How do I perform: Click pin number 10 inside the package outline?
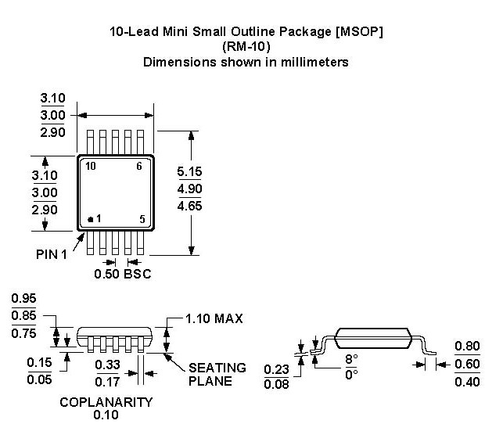[x=91, y=166]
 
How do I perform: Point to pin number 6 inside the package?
[x=139, y=166]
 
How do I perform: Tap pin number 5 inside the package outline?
[x=142, y=220]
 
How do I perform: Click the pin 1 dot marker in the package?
[x=90, y=220]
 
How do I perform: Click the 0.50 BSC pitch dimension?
[x=122, y=274]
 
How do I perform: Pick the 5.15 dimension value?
[x=191, y=169]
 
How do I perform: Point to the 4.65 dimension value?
[x=191, y=207]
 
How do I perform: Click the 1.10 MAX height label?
[x=214, y=318]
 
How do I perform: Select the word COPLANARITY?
[x=106, y=401]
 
